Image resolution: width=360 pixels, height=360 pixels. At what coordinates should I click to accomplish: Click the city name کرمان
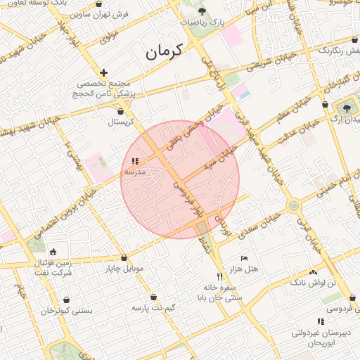164,51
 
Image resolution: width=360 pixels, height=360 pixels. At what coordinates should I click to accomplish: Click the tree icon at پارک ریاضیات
202,11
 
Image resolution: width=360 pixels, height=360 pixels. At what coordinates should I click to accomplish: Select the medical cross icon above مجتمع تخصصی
104,72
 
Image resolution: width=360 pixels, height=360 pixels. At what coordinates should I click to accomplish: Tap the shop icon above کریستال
120,110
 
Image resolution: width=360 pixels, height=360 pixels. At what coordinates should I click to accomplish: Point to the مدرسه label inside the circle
135,171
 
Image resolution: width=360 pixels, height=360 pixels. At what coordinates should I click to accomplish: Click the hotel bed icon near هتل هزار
244,258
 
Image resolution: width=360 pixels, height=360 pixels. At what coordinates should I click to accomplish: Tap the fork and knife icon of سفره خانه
219,276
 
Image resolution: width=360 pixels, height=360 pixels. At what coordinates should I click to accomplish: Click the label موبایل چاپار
124,269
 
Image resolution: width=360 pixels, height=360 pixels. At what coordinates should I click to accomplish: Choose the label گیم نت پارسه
153,308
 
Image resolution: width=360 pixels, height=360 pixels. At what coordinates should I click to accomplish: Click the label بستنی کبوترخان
67,310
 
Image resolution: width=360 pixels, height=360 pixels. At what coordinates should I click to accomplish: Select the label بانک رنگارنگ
339,50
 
